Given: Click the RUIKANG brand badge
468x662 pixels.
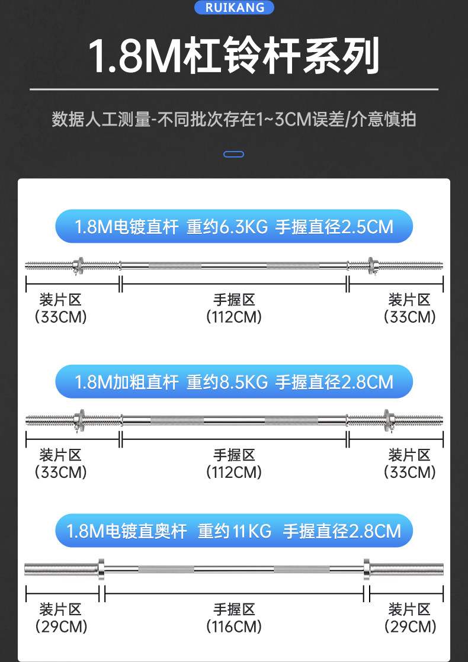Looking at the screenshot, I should coord(234,7).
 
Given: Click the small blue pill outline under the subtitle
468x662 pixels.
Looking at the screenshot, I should coord(234,155).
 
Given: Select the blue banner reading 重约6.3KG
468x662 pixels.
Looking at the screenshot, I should coord(234,226).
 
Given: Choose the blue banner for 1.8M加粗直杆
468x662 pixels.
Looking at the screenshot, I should coord(234,381).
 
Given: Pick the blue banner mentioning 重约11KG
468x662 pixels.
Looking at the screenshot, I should coord(234,531).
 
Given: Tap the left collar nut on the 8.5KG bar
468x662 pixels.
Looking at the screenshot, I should coord(79,420).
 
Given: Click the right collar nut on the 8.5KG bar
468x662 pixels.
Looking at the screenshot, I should coord(386,420).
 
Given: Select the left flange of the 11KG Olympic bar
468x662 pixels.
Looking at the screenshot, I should coord(100,569).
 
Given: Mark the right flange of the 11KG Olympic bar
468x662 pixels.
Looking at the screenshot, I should coord(366,569).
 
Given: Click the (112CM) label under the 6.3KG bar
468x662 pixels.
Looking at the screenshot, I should coord(234,317).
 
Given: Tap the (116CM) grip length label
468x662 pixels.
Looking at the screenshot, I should coord(234,626).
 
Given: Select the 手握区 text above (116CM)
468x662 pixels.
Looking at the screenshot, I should coord(234,609).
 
